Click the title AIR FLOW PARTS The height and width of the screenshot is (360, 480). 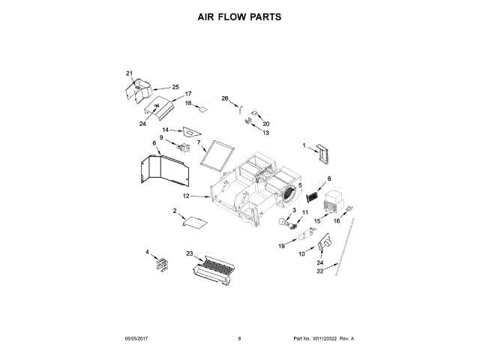pyautogui.click(x=239, y=16)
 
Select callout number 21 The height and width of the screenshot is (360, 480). pyautogui.click(x=129, y=73)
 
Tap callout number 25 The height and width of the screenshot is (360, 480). pyautogui.click(x=175, y=87)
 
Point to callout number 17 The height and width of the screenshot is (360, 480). pyautogui.click(x=178, y=94)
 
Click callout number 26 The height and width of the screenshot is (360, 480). pyautogui.click(x=224, y=99)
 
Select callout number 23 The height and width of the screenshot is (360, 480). pyautogui.click(x=190, y=254)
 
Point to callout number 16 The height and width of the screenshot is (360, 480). pyautogui.click(x=337, y=222)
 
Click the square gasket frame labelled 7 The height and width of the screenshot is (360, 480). pyautogui.click(x=219, y=154)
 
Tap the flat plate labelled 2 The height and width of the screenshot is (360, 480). pyautogui.click(x=194, y=222)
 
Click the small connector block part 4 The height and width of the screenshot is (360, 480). pyautogui.click(x=160, y=264)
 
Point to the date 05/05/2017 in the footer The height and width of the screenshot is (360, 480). pyautogui.click(x=138, y=339)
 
